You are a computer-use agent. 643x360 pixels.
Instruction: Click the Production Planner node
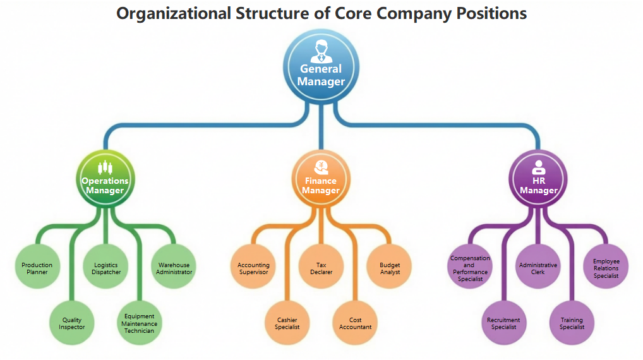click(x=37, y=268)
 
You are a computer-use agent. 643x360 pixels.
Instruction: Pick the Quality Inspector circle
click(x=71, y=323)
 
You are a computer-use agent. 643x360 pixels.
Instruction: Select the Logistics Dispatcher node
click(x=105, y=268)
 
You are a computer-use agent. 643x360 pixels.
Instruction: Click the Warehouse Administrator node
click(x=174, y=268)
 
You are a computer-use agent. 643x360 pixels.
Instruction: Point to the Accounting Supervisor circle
click(x=253, y=268)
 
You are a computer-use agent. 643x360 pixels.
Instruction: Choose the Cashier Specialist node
click(x=287, y=323)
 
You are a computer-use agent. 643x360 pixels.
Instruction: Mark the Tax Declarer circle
click(x=321, y=268)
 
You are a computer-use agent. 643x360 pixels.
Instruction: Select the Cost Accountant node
click(x=355, y=323)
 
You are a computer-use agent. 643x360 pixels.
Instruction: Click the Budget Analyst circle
click(x=389, y=268)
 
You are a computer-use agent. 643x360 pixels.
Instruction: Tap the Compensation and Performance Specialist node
click(x=470, y=268)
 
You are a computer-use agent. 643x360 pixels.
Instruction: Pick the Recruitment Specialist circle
click(x=503, y=323)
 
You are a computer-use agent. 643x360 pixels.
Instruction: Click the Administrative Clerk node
click(x=538, y=268)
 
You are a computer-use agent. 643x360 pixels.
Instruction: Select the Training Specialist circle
click(x=572, y=323)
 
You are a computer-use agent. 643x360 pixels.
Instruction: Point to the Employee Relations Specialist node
click(x=606, y=268)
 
